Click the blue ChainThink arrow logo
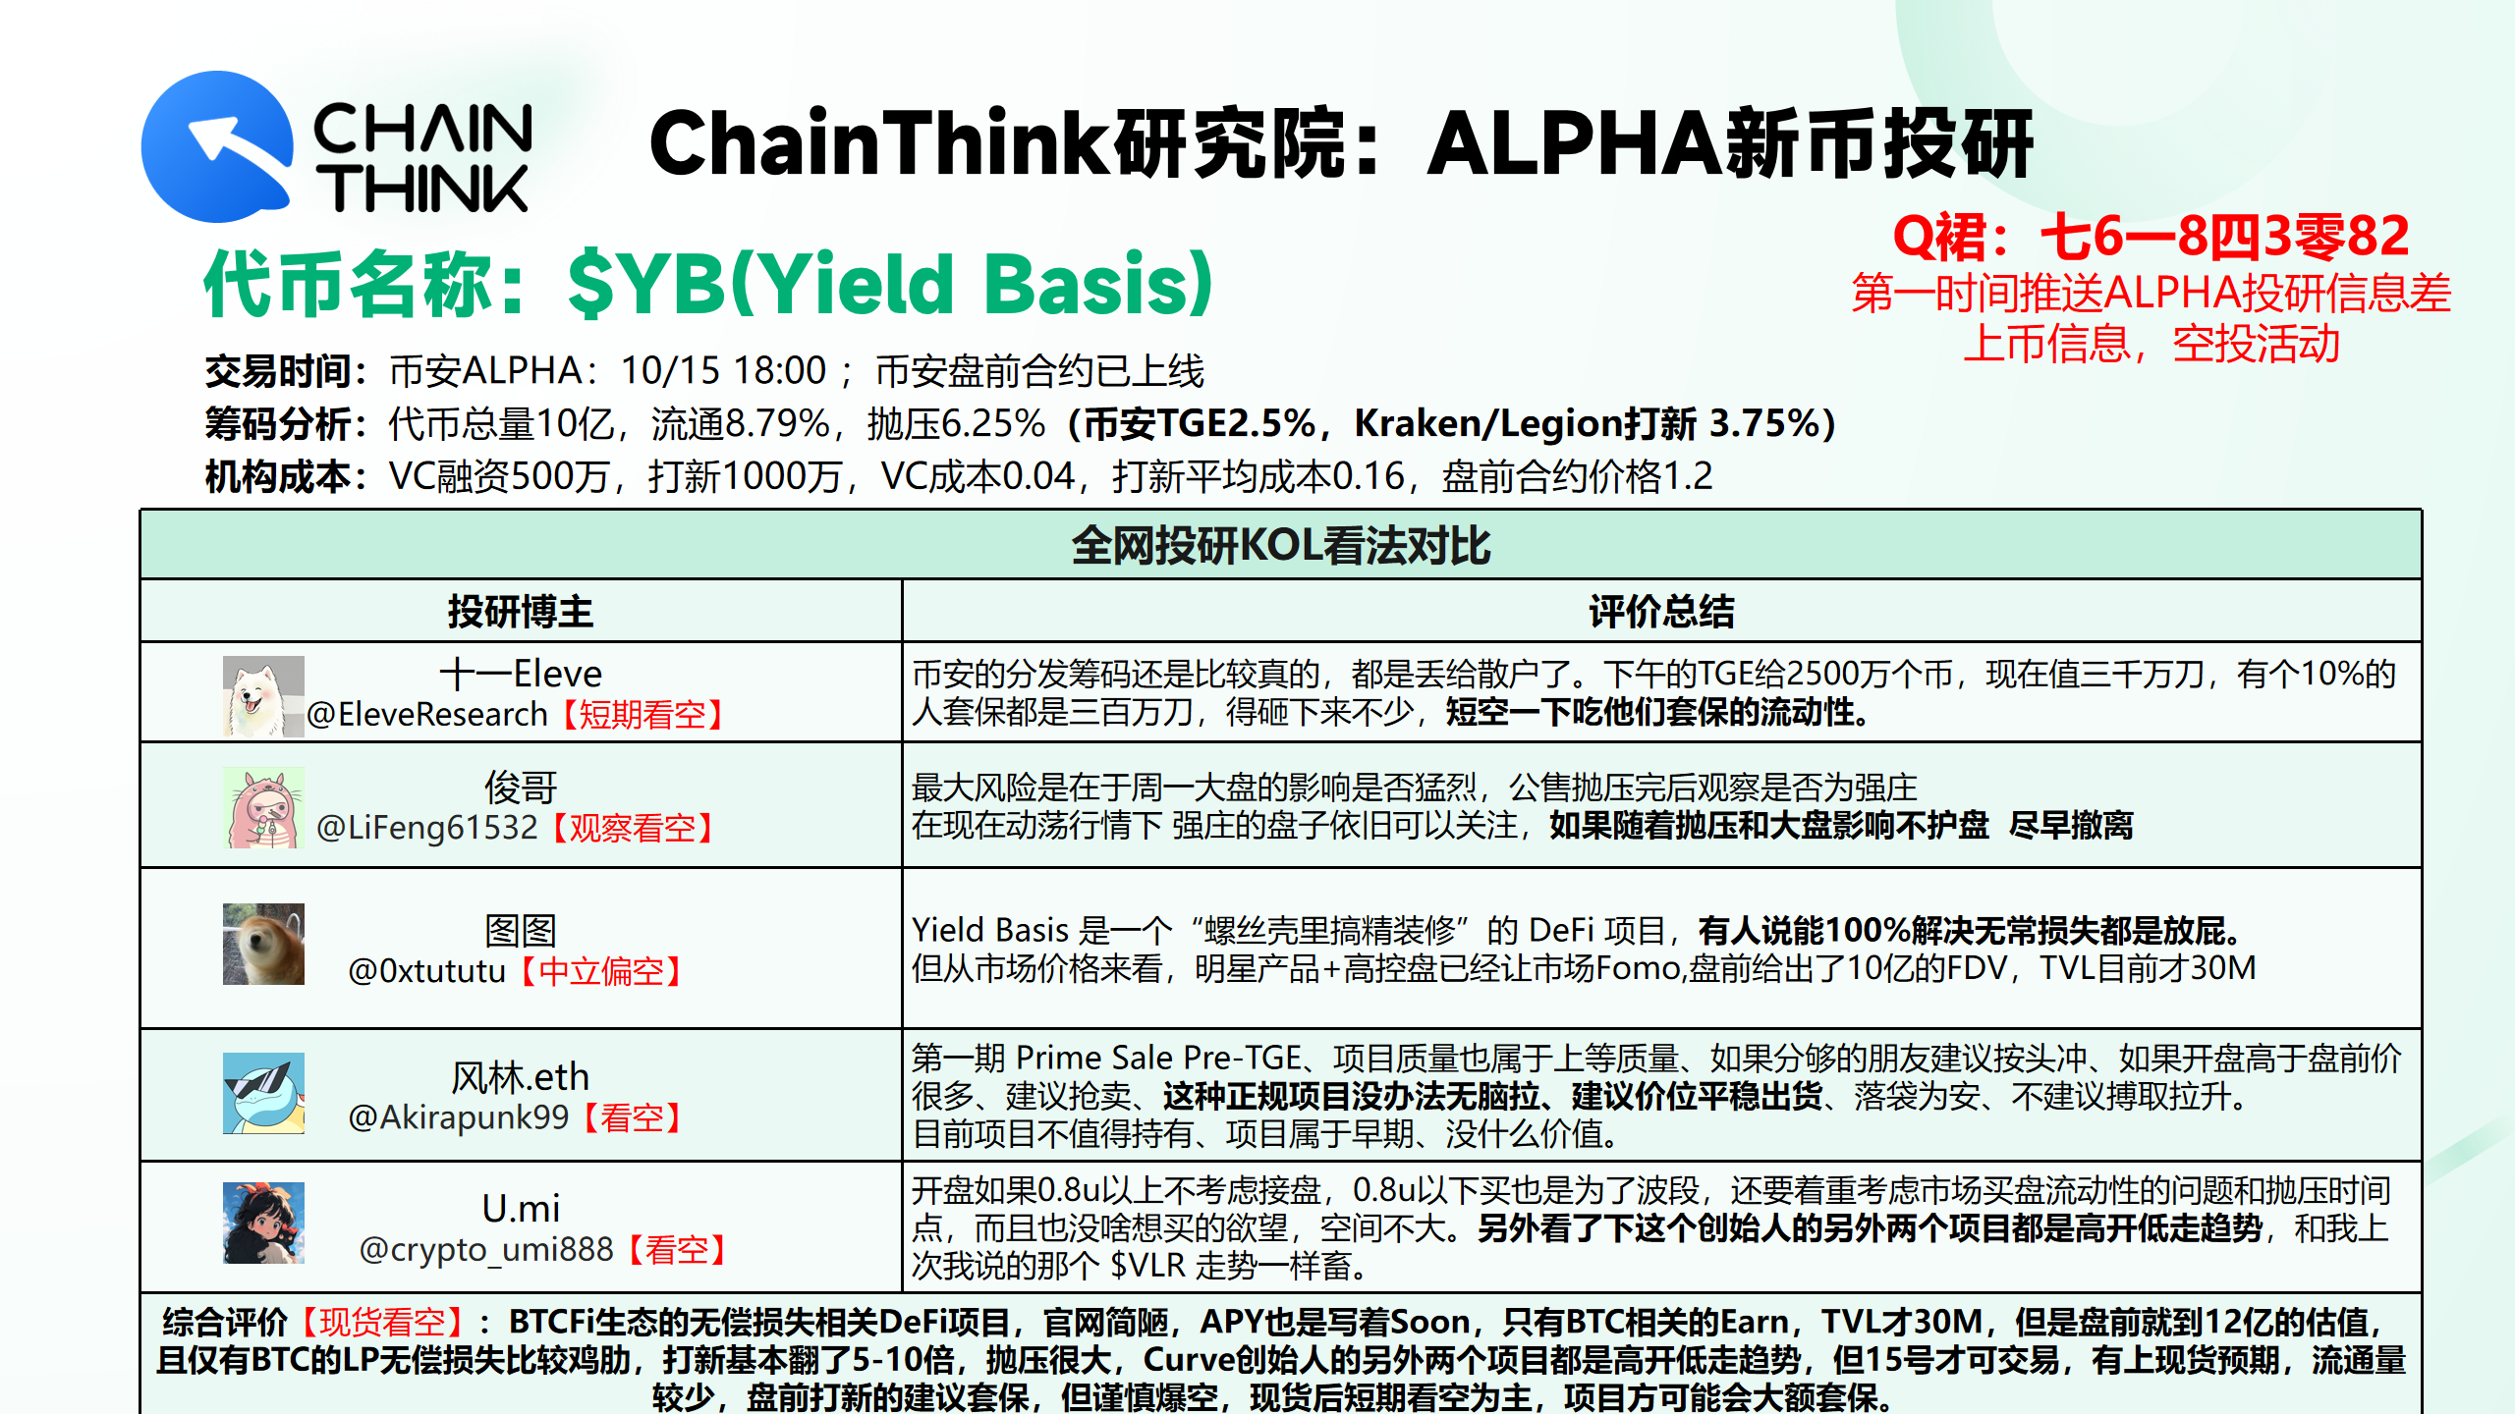coord(217,146)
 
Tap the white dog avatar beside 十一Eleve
coord(263,696)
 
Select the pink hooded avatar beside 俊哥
coord(263,807)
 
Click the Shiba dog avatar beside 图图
coord(263,944)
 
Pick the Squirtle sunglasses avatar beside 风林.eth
coord(263,1093)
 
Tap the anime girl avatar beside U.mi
coord(263,1223)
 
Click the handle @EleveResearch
coord(427,714)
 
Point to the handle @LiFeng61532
coord(427,828)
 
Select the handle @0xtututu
coord(427,970)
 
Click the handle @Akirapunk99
coord(459,1117)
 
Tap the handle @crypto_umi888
coord(486,1249)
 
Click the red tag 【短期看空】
coord(643,714)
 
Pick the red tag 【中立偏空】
coord(601,971)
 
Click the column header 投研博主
coord(521,611)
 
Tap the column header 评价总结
coord(1661,611)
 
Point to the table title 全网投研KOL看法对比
coord(1281,545)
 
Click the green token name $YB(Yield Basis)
coord(890,283)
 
